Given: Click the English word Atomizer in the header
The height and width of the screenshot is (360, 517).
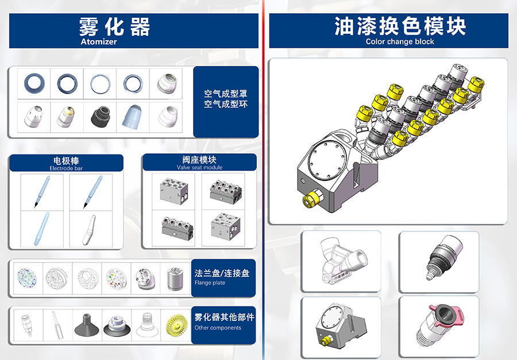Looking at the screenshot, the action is click(99, 41).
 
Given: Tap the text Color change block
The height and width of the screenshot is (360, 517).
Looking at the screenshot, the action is click(400, 41).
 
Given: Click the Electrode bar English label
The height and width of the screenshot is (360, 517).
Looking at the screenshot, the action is click(66, 168).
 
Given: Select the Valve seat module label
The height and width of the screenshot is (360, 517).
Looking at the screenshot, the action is click(199, 167).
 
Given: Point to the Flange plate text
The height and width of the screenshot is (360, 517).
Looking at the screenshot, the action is click(210, 282).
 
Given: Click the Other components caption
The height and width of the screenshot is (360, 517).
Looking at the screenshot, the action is click(218, 328).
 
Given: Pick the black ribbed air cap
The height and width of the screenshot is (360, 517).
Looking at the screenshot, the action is click(100, 117).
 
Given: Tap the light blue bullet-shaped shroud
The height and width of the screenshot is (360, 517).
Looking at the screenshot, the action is click(133, 117).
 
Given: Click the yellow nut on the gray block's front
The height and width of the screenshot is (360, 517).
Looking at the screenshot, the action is click(311, 199).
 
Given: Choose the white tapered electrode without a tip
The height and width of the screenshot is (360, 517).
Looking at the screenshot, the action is click(88, 230).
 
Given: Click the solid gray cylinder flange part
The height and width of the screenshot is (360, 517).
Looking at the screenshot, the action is click(175, 279).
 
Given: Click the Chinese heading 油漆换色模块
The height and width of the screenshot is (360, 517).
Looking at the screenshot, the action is click(400, 26).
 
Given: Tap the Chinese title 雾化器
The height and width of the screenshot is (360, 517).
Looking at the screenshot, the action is click(115, 27).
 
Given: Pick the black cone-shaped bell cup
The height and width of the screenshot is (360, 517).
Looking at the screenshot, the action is click(87, 325).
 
